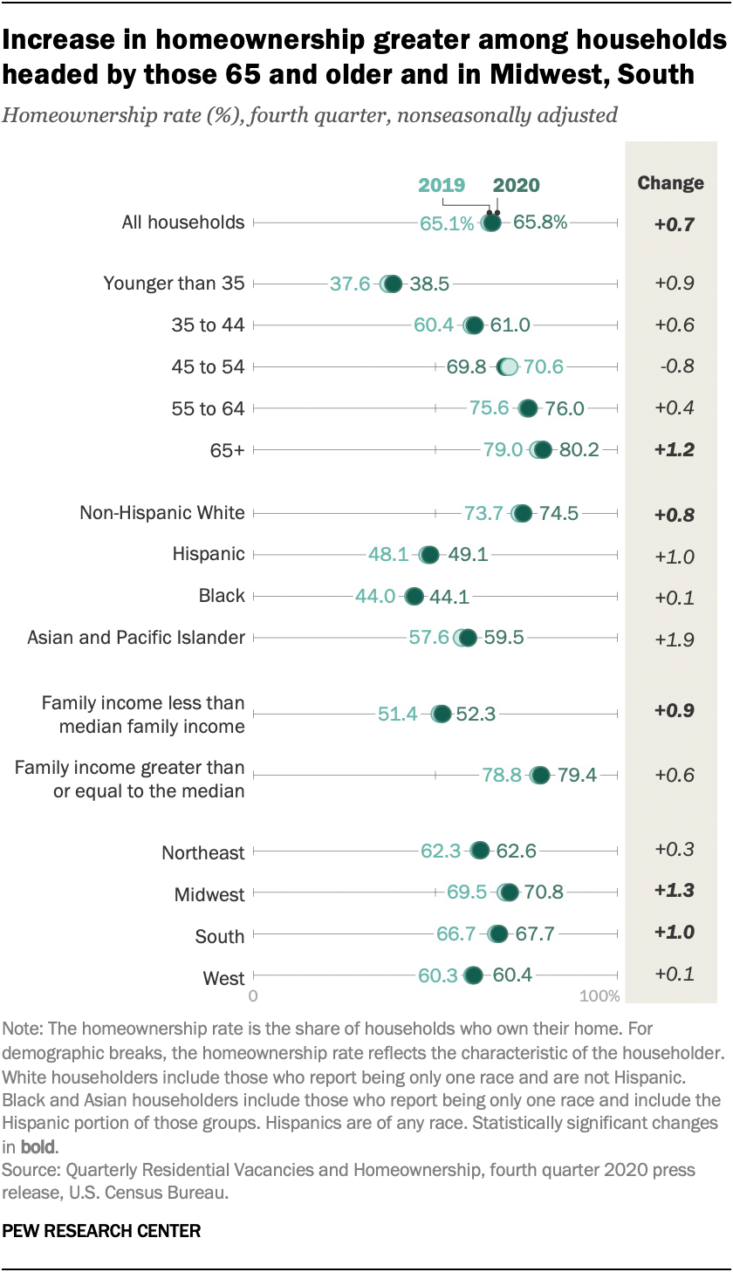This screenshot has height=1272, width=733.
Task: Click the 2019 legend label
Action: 442,185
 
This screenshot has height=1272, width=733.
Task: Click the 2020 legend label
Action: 516,185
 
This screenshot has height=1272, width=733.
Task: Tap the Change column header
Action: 670,183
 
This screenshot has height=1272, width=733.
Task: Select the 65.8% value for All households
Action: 540,222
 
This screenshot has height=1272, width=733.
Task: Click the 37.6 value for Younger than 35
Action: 350,284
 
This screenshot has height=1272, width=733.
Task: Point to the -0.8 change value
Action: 675,366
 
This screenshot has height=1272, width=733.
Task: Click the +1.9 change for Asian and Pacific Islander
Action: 675,639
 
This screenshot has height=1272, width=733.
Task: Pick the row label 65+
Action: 229,450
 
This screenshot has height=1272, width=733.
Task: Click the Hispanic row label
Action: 209,554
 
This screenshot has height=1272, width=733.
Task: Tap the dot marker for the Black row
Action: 414,597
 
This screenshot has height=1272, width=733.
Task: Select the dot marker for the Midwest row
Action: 509,892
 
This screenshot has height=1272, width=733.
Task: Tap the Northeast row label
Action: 203,853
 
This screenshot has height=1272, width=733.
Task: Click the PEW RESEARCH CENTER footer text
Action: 102,1231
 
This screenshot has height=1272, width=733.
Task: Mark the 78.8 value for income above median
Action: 502,775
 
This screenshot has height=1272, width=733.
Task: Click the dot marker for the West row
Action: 474,975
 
